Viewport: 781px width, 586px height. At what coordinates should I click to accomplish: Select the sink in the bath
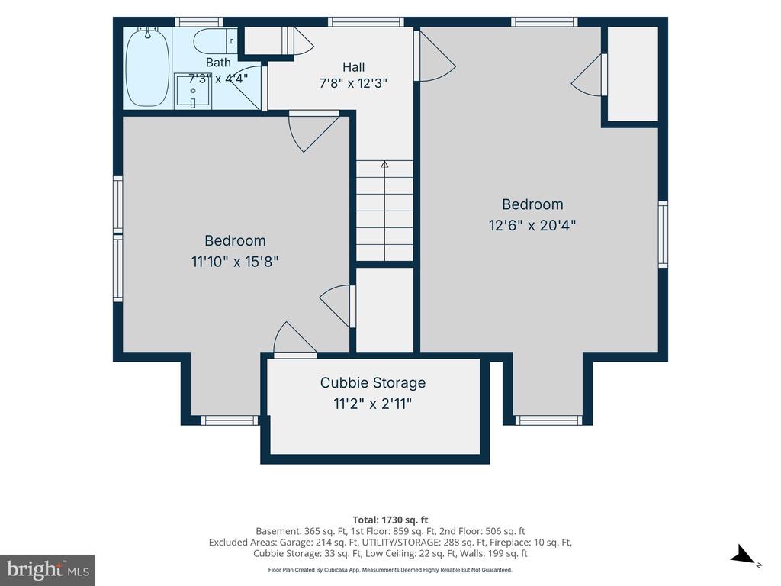coord(192,91)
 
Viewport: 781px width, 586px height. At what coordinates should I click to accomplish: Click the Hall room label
coord(354,67)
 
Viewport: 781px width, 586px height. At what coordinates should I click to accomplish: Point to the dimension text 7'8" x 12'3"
coord(353,82)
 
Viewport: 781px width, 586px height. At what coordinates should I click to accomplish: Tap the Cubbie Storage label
coord(372,383)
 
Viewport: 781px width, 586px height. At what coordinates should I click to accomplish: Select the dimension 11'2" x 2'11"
coord(372,404)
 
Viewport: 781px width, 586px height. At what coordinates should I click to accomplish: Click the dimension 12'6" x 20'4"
coord(532,225)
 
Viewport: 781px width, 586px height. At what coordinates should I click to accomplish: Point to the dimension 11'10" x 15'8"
coord(235,262)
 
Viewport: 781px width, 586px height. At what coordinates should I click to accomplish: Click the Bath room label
coord(218,63)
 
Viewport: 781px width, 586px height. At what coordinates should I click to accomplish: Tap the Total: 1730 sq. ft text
coord(390,520)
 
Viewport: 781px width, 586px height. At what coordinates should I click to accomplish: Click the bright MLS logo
coord(48,570)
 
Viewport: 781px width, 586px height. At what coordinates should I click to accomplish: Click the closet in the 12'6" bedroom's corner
coord(632,74)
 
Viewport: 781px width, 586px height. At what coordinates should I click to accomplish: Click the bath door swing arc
coord(249,87)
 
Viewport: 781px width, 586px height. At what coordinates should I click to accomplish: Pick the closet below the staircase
coord(385,310)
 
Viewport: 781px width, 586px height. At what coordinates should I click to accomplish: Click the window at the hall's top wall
coord(365,22)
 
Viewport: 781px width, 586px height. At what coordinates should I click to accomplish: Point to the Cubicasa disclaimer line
coord(390,570)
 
